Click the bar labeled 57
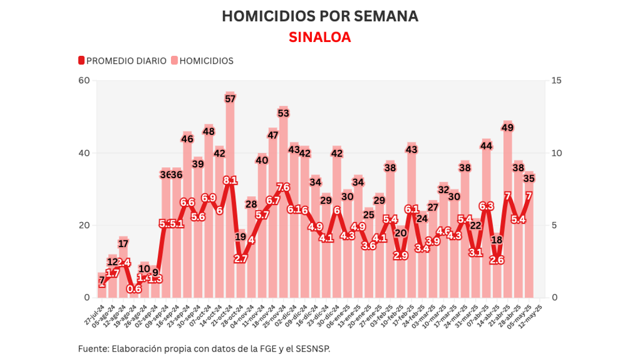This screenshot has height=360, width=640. pos(230,198)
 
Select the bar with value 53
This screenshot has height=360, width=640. pos(284,204)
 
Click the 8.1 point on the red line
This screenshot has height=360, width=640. pos(230,180)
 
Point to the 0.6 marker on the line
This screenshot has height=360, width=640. pos(134,289)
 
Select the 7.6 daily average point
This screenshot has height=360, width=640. pos(284,187)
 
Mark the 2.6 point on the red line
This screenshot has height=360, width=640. pos(497,260)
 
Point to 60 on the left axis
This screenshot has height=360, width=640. pos(84,80)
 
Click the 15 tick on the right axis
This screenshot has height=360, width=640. pos(556,80)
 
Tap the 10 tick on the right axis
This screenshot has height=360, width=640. pos(556,153)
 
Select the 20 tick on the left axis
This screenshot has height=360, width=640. pos(84,225)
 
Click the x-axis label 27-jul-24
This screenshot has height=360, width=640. pos(93,314)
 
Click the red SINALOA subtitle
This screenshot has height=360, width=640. pos(320,37)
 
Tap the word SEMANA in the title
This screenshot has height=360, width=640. pos(384,16)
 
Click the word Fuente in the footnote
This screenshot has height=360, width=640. pos(92,349)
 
